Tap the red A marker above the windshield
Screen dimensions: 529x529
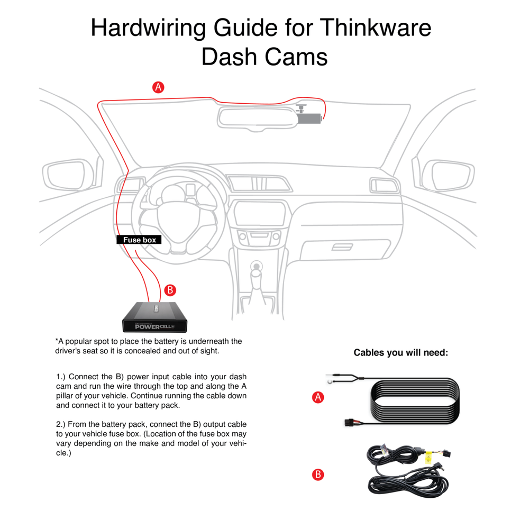[158, 87]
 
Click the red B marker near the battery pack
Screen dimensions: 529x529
[169, 290]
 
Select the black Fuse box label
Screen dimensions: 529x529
[139, 240]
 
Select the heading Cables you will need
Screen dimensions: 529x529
[400, 353]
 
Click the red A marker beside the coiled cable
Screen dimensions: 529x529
[318, 398]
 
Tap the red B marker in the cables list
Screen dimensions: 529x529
[318, 475]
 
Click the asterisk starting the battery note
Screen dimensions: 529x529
[57, 342]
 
